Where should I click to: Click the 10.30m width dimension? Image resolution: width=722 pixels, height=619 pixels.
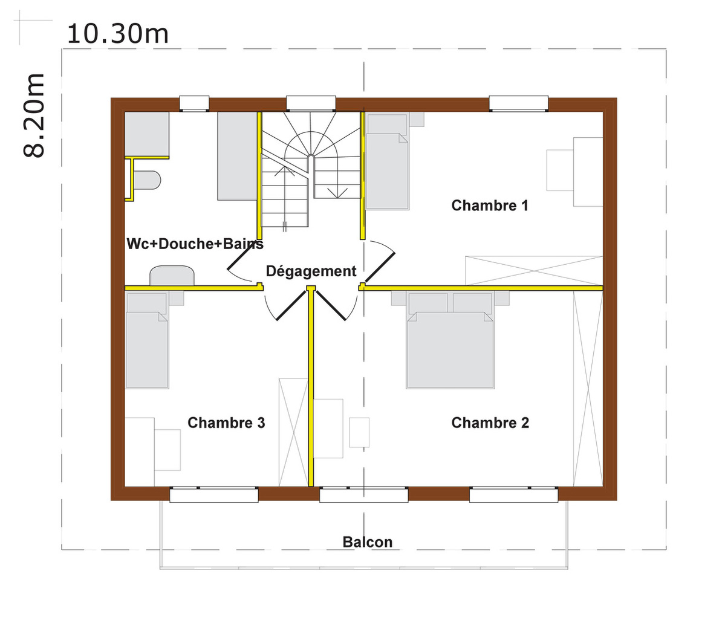click(x=118, y=34)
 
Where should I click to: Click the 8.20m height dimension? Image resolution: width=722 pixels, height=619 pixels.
click(x=34, y=115)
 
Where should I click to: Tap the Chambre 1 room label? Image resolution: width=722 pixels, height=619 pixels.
click(x=489, y=206)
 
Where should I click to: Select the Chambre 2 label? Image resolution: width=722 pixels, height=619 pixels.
click(x=490, y=423)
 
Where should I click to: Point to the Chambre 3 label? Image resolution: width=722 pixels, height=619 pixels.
click(x=226, y=423)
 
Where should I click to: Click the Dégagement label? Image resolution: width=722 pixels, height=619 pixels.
click(x=311, y=271)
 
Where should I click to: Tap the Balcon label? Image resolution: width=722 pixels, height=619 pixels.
click(x=368, y=542)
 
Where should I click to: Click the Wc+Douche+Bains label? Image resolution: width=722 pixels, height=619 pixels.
click(x=195, y=244)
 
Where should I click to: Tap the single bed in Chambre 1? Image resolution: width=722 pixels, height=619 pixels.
click(x=387, y=162)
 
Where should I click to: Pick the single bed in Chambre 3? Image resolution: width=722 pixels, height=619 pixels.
click(x=147, y=340)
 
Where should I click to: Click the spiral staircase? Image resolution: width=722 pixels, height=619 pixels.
click(x=311, y=169)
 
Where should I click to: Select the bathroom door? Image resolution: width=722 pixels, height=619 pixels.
click(x=240, y=261)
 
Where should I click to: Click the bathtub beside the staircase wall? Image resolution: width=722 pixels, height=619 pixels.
click(x=237, y=156)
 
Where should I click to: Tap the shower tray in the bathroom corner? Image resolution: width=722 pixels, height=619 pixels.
click(x=147, y=134)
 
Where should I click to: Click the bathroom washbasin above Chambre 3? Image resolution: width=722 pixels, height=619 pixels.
click(x=172, y=276)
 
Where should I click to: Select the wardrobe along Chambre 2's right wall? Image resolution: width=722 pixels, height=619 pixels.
click(x=588, y=389)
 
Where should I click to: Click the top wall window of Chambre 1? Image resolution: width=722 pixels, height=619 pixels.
click(x=518, y=103)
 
